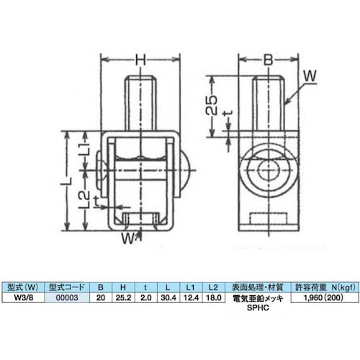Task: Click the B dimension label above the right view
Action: tap(266, 61)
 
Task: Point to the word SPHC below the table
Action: tap(257, 306)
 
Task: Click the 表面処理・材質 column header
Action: tap(257, 285)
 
